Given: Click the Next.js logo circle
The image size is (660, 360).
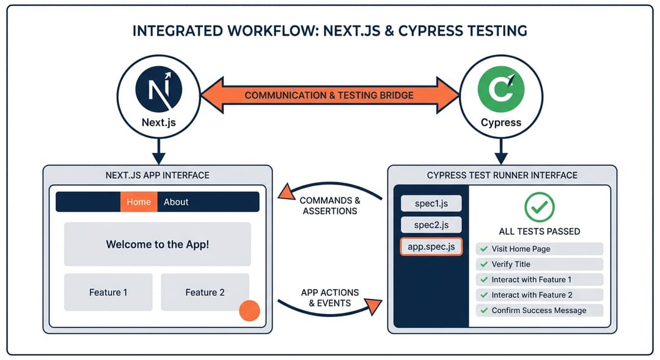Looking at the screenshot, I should click(158, 91).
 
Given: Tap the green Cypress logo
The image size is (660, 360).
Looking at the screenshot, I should click(501, 91).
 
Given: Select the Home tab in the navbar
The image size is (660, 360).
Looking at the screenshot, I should click(139, 202).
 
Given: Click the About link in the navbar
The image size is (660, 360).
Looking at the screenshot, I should click(176, 202).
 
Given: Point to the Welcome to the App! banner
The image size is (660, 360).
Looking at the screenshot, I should click(157, 244).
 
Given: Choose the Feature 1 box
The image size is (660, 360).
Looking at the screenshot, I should click(108, 292).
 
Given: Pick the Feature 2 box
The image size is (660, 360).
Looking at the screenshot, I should click(205, 292).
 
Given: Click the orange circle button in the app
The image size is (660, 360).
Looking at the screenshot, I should click(249, 310).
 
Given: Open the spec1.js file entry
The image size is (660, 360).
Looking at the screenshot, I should click(431, 204).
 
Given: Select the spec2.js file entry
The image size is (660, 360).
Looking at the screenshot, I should click(431, 225).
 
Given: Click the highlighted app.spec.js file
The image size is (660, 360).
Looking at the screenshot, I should click(431, 246).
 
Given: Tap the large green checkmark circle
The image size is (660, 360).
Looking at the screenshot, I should click(539, 207).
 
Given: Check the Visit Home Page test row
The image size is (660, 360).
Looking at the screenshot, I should click(539, 249).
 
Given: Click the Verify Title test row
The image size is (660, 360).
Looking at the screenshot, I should click(539, 264).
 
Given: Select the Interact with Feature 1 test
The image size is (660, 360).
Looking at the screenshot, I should click(539, 279).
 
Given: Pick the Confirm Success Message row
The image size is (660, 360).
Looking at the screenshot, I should click(539, 310).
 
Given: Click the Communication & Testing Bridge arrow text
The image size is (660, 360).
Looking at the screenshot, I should click(329, 95).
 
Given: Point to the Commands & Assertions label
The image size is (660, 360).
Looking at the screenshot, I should click(330, 205).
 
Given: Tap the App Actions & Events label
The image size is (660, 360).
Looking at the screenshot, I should click(330, 298).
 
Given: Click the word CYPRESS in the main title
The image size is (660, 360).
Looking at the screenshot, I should click(430, 31).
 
